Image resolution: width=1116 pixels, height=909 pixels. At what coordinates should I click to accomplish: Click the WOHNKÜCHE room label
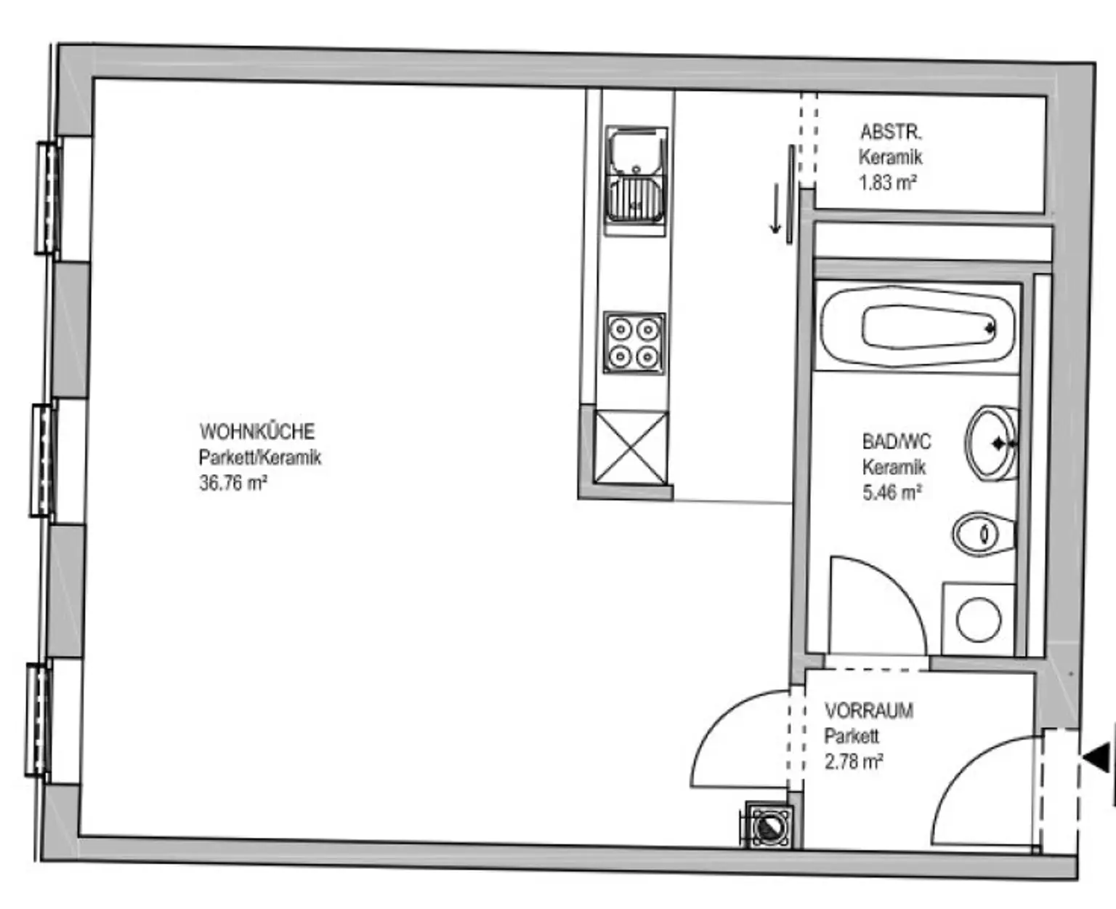tap(256, 431)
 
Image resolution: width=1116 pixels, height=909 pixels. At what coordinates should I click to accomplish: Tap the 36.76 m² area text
tap(233, 483)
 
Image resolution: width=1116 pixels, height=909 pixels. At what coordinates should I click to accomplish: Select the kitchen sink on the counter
tap(636, 180)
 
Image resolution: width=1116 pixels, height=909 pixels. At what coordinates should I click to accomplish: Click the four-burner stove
tap(634, 343)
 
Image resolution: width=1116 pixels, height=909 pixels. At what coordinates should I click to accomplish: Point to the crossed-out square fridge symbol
tap(631, 448)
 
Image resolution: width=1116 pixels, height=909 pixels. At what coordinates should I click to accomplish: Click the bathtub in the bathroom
tap(917, 327)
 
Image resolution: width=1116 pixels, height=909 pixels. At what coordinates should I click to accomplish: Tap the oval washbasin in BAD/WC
tap(991, 444)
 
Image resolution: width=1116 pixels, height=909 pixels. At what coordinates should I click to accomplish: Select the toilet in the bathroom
tap(984, 534)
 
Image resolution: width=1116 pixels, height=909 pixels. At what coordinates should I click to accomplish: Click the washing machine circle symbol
tap(979, 619)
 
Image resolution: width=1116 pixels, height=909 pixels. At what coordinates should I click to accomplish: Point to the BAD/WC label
tap(897, 441)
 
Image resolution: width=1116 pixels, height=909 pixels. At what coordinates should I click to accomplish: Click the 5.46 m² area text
tap(891, 492)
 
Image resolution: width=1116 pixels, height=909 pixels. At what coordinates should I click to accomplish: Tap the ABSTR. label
tap(891, 132)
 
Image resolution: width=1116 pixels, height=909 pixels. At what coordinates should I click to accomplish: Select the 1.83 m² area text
tap(888, 183)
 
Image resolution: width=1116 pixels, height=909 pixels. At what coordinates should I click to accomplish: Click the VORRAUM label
tap(869, 711)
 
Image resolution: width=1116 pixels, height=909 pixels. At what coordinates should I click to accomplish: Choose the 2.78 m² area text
tap(854, 761)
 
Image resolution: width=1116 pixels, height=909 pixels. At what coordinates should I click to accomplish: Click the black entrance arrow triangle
tap(1097, 758)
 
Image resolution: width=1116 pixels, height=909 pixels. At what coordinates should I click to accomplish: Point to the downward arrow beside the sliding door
tap(775, 207)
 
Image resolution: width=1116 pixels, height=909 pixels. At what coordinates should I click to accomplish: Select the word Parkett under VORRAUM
tap(852, 736)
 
